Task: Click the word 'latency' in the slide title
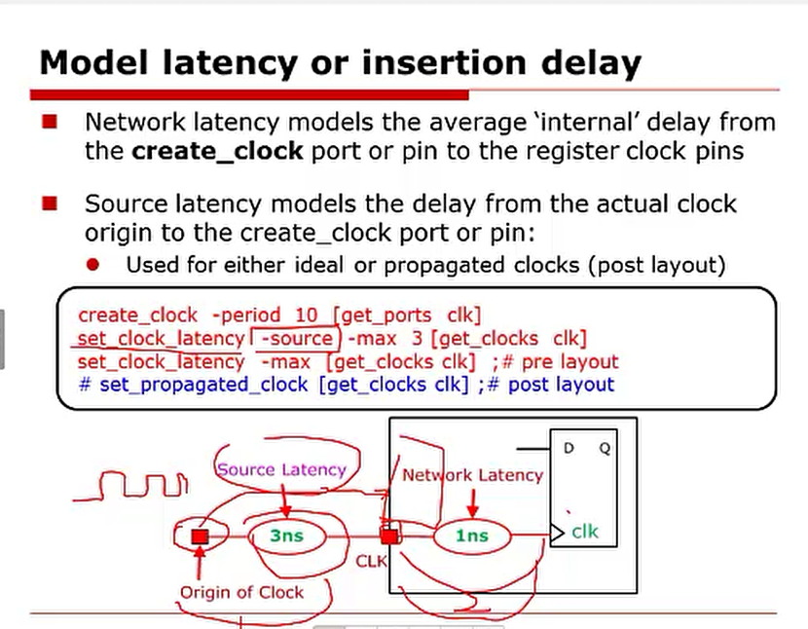coord(231,63)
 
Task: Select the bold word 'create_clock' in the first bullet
coord(217,151)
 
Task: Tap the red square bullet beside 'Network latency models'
coord(50,122)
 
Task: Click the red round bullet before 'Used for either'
coord(92,265)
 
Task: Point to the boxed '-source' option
coord(296,339)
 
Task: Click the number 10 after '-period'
coord(306,315)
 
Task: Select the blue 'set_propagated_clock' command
coord(203,385)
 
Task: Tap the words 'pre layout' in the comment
coord(569,362)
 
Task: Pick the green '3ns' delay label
coord(287,536)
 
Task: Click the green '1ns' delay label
coord(472,536)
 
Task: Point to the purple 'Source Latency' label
coord(281,469)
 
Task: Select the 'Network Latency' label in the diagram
coord(472,475)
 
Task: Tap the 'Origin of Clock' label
coord(241,592)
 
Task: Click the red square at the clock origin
coord(200,536)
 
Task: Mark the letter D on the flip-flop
coord(569,448)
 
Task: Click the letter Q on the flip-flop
coord(605,448)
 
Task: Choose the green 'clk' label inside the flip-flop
coord(585,532)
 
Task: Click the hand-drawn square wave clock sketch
coord(131,486)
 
